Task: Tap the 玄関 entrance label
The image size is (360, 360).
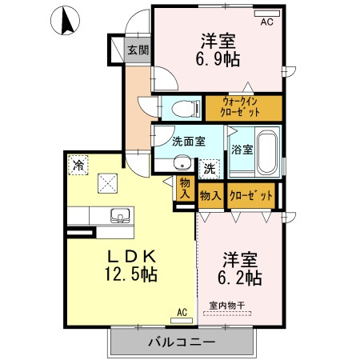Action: click(138, 50)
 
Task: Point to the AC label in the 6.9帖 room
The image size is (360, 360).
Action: click(266, 22)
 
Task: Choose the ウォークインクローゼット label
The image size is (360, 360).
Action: click(242, 107)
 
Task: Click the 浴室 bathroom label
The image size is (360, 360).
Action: click(242, 149)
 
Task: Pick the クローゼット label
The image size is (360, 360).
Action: click(250, 195)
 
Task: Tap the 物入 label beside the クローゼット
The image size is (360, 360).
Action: click(210, 195)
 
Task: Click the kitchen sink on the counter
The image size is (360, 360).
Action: click(121, 215)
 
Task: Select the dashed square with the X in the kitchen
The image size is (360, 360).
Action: click(107, 183)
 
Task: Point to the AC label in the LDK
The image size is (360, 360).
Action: click(182, 312)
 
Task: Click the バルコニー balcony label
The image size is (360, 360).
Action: click(180, 342)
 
